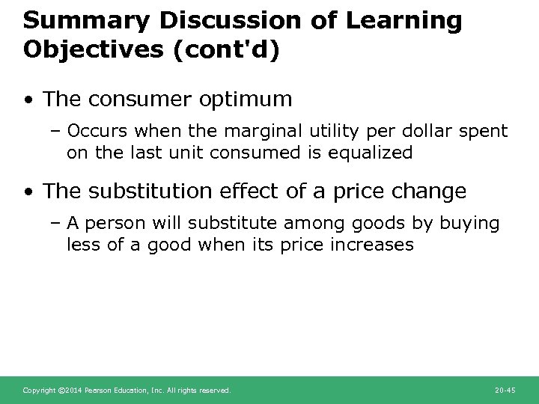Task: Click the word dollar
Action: (x=444, y=132)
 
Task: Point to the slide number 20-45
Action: (x=506, y=390)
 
